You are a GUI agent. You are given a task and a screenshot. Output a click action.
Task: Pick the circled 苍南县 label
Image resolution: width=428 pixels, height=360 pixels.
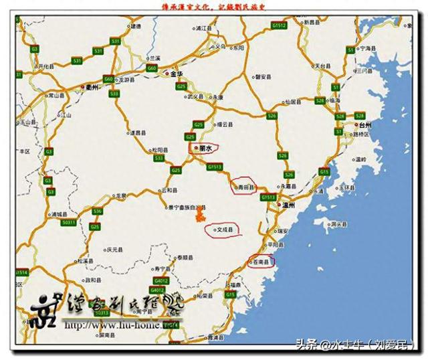(x=260, y=261)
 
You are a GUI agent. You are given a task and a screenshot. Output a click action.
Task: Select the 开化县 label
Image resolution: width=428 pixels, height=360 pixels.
(x=45, y=66)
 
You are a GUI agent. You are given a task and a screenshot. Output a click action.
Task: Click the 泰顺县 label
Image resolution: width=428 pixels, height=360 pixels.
(x=185, y=257)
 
